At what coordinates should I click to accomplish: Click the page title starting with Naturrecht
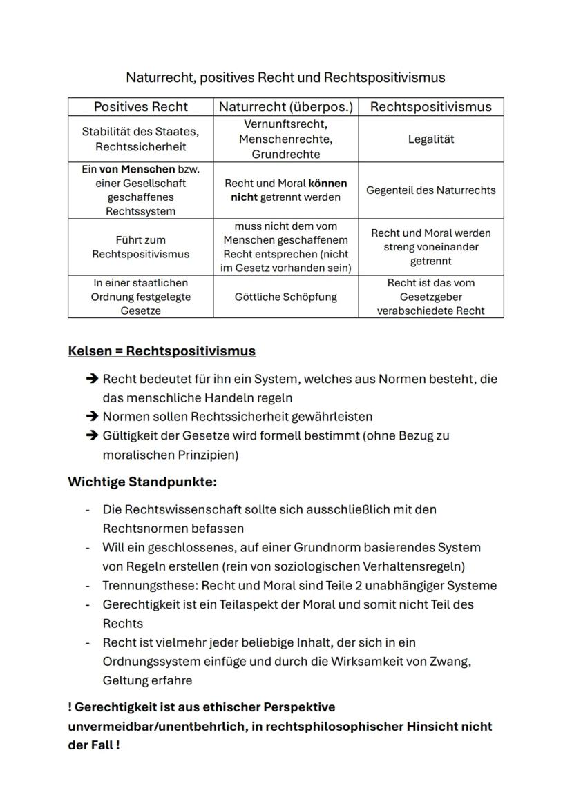click(285, 77)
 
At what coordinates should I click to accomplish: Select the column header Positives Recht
click(140, 106)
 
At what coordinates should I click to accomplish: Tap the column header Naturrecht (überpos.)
click(285, 106)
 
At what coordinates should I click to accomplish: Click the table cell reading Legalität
click(431, 139)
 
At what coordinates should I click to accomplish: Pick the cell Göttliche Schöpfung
click(285, 297)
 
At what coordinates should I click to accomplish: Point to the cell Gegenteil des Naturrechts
click(431, 190)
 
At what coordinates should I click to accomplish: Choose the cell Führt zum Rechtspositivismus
click(140, 247)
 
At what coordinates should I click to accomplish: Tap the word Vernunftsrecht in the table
click(285, 124)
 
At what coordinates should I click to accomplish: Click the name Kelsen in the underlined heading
click(90, 351)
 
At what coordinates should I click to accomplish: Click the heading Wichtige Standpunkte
click(142, 482)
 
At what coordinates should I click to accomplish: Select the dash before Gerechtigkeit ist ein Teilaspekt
click(88, 604)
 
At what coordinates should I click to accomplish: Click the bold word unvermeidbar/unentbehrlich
click(155, 727)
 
